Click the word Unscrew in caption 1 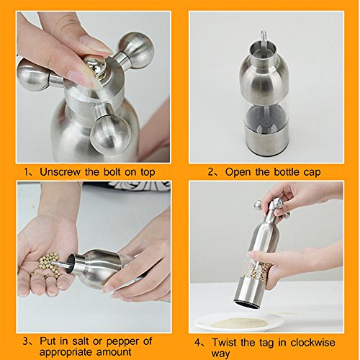60,172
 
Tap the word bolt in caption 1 112,172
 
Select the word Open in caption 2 238,173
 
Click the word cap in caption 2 312,174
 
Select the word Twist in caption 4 225,342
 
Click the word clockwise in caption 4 312,342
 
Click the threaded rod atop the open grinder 264,40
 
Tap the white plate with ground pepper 240,322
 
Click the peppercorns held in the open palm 48,264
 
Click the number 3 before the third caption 26,341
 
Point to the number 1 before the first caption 27,172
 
